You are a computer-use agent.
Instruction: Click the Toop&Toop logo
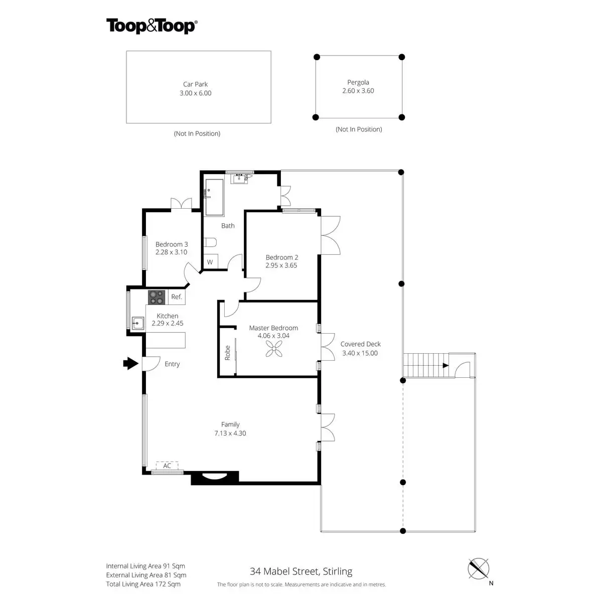click(151, 26)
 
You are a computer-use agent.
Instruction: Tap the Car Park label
click(195, 84)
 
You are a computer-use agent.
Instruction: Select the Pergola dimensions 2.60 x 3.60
click(358, 91)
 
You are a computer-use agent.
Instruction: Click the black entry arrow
click(130, 363)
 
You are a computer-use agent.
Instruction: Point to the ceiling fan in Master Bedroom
click(274, 348)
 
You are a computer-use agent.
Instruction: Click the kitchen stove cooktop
click(157, 297)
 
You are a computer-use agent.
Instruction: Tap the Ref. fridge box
click(176, 297)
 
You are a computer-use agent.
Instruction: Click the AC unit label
click(167, 466)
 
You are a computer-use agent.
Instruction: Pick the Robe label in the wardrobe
click(227, 353)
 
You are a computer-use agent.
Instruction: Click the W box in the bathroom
click(210, 262)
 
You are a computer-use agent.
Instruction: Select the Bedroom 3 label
click(172, 244)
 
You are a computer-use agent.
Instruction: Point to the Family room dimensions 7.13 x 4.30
click(230, 433)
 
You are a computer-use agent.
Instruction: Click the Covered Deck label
click(360, 344)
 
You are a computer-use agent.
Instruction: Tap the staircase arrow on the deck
click(445, 366)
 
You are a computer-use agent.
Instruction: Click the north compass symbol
click(478, 569)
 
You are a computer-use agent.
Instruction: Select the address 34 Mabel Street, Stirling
click(301, 571)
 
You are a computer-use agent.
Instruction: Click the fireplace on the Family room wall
click(215, 478)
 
